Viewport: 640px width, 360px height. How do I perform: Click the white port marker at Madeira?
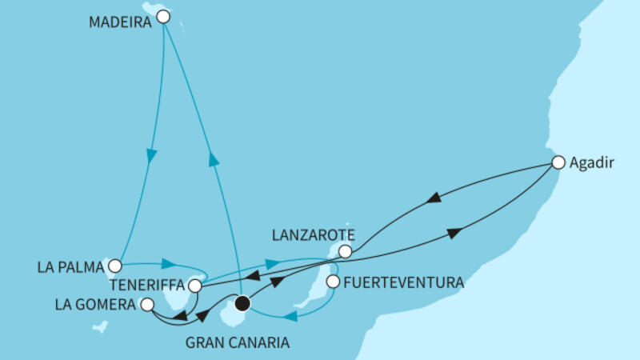(163, 16)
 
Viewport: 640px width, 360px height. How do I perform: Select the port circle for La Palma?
(115, 265)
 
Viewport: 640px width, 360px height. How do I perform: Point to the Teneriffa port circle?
(194, 285)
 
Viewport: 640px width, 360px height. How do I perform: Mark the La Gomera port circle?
(146, 304)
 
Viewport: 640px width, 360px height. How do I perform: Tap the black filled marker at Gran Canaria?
(242, 303)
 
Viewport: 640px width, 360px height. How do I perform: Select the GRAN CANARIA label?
(238, 344)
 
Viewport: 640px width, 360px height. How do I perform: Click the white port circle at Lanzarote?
(345, 251)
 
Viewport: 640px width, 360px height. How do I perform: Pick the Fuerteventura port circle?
(333, 282)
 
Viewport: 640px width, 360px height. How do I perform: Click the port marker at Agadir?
(558, 162)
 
